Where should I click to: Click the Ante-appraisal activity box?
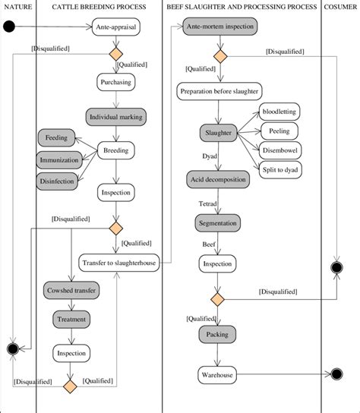click(x=116, y=29)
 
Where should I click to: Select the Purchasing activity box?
click(x=116, y=82)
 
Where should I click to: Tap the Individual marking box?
click(x=116, y=118)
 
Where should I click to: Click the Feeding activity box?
click(x=56, y=139)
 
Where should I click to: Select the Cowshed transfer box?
click(x=71, y=292)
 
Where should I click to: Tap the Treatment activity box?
click(x=71, y=320)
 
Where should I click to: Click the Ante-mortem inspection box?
click(x=219, y=27)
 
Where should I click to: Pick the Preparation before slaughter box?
click(x=219, y=92)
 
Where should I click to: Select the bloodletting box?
click(x=279, y=112)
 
